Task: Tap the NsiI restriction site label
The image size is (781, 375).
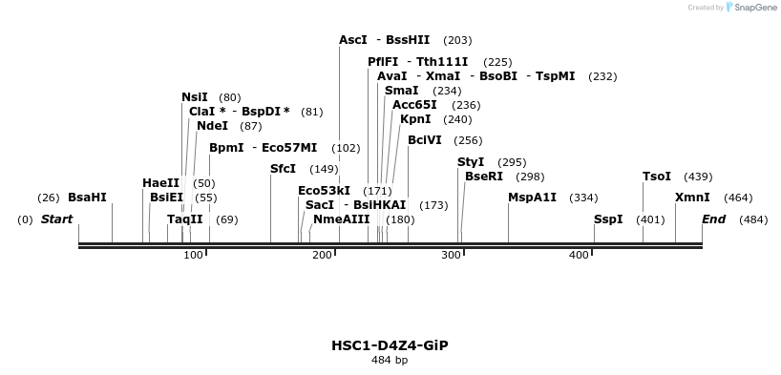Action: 195,97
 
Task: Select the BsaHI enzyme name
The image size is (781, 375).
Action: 87,198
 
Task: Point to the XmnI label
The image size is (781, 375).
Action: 692,198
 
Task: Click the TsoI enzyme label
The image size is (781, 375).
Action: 657,177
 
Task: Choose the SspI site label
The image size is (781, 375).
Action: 608,219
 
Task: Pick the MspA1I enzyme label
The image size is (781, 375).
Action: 533,198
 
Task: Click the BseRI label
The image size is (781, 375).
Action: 484,177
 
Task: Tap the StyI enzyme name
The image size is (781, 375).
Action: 471,162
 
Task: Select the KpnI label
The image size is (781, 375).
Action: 415,119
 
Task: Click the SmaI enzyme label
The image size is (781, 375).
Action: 402,91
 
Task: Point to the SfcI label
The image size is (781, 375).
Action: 284,169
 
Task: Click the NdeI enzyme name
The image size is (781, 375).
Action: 212,126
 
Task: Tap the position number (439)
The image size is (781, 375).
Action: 698,177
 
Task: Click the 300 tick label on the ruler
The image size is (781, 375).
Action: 451,255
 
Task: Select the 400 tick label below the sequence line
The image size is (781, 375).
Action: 579,255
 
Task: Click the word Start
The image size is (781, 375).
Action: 56,219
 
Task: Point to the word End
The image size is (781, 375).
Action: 713,219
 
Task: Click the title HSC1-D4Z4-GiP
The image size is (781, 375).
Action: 390,345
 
